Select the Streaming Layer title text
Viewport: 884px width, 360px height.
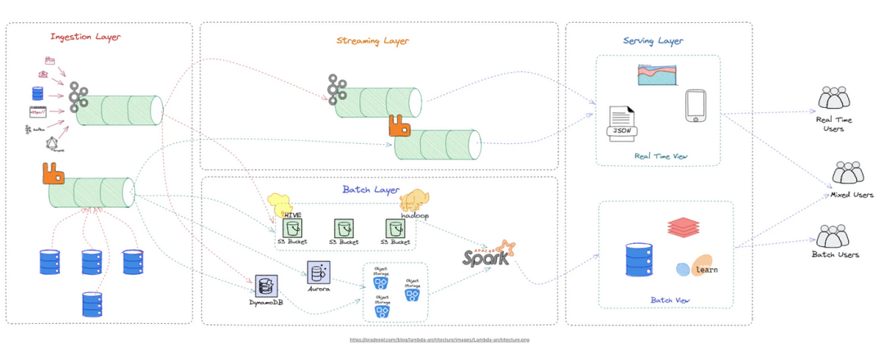click(x=372, y=41)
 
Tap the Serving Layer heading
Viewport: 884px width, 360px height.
click(x=652, y=41)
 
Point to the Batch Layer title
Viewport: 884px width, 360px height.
click(x=371, y=190)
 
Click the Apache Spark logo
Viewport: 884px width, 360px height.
click(x=488, y=256)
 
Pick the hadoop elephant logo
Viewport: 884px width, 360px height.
click(x=415, y=205)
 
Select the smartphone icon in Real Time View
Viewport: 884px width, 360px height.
click(x=696, y=106)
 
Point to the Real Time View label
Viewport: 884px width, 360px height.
click(x=660, y=155)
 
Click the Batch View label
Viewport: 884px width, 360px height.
click(x=670, y=300)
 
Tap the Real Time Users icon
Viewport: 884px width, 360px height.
click(x=835, y=99)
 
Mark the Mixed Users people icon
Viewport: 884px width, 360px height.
click(x=848, y=173)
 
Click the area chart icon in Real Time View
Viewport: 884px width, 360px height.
click(x=660, y=75)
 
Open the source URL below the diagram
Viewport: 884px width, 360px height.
click(x=440, y=340)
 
